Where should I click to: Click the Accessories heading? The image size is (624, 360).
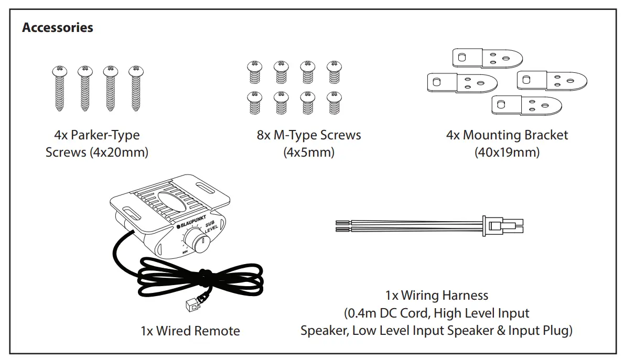(x=58, y=28)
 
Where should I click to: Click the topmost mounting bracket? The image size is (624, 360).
(x=487, y=58)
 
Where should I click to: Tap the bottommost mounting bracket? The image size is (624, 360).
(x=526, y=105)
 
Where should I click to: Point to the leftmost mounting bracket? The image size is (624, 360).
(x=462, y=82)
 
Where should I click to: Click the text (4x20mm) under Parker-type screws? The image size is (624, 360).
(x=120, y=152)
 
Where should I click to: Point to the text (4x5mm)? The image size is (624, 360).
(x=308, y=152)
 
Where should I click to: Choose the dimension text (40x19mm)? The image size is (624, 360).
(x=507, y=152)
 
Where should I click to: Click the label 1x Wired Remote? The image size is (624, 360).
(x=190, y=331)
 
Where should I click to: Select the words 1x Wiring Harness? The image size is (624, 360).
(x=436, y=296)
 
